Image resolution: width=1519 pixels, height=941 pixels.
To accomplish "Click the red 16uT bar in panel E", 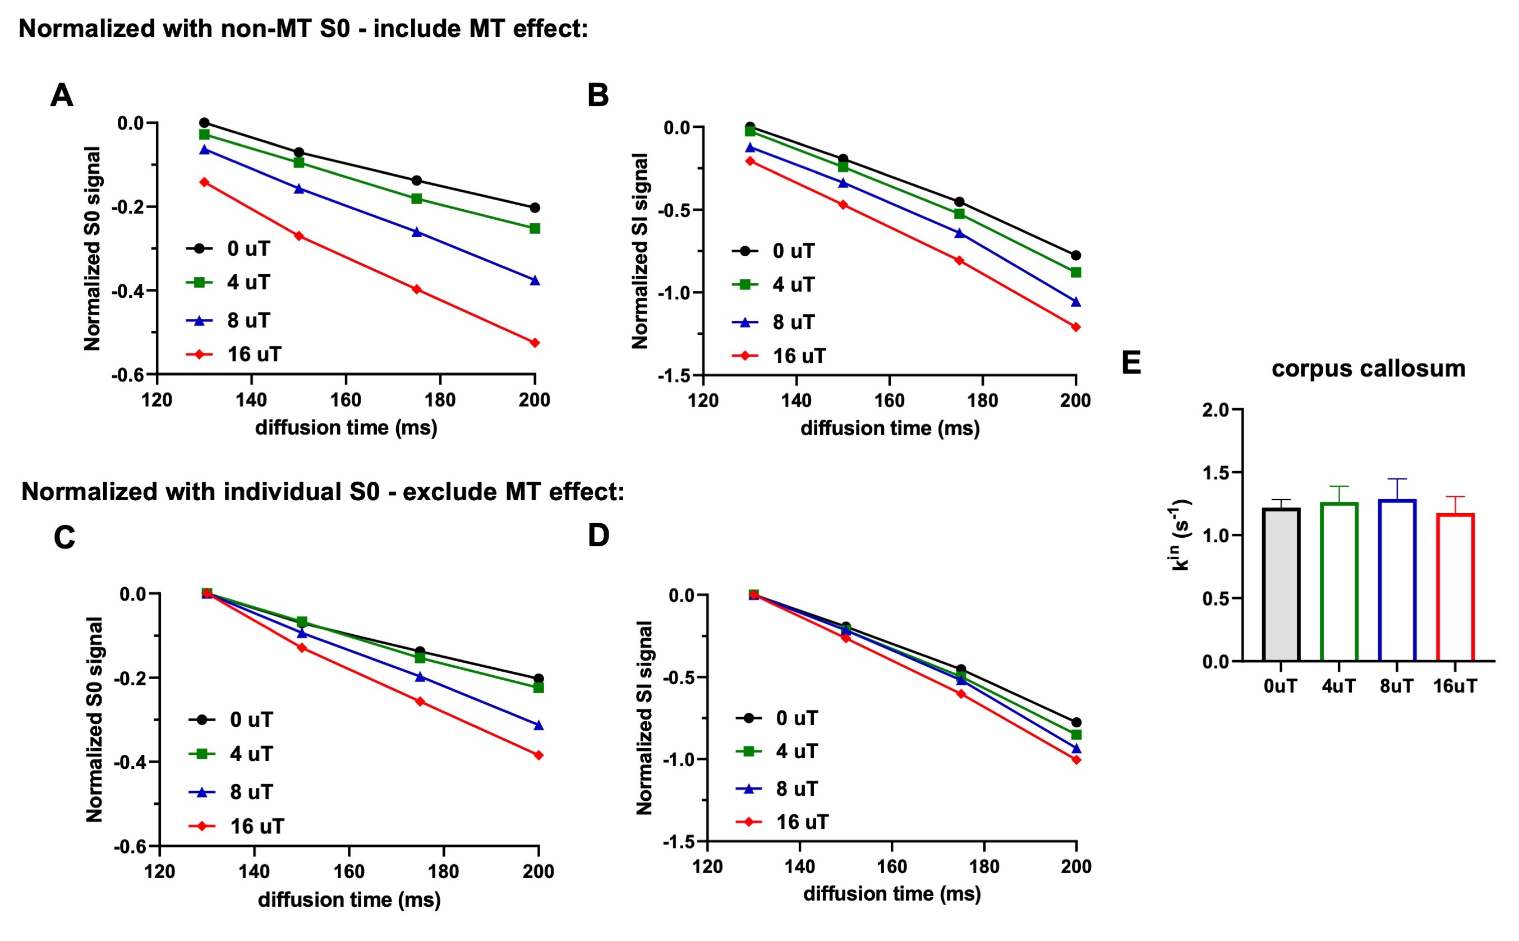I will pos(1455,588).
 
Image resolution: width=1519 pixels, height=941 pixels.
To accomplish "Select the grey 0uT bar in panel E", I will pos(1281,585).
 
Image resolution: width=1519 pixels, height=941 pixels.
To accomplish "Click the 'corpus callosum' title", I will pos(1368,368).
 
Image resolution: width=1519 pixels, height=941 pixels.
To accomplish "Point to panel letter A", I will pos(62,96).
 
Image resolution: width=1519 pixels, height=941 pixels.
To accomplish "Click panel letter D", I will pos(599,535).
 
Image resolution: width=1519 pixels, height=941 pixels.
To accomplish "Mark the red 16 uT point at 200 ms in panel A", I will pos(534,343).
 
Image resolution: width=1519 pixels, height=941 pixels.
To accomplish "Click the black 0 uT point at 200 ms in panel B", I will pos(1075,255).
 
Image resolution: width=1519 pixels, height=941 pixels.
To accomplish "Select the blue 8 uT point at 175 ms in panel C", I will pos(420,676).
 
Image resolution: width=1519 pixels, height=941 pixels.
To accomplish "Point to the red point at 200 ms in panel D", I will pos(1076,760).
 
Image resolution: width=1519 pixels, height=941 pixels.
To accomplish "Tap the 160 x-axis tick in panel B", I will pos(889,400).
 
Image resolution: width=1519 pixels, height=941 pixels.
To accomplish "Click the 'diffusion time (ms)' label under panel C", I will pos(349,900).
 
